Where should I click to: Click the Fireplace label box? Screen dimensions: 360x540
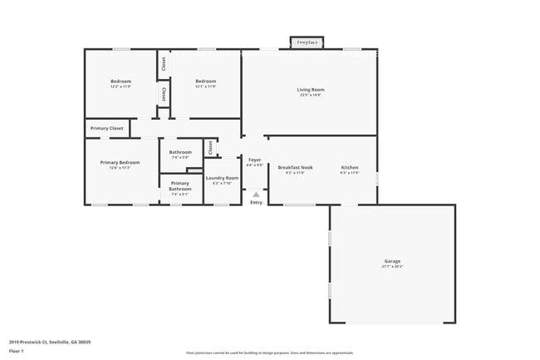[307, 42]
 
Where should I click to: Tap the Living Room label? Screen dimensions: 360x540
[311, 89]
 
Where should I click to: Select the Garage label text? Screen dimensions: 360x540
[391, 261]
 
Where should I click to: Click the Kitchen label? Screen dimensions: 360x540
[350, 167]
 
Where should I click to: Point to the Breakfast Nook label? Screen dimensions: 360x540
[295, 167]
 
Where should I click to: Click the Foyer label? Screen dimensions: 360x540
[254, 160]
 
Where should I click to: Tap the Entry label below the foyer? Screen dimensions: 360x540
[256, 202]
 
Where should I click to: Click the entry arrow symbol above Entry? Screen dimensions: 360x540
[256, 195]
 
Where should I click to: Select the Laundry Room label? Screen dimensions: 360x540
[222, 178]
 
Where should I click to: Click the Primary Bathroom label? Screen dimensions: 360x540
[180, 187]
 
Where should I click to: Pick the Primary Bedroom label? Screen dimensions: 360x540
[120, 162]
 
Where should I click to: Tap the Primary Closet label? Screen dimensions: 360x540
[106, 128]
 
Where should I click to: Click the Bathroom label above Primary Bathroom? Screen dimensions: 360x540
[180, 152]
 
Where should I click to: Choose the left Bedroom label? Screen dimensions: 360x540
[120, 81]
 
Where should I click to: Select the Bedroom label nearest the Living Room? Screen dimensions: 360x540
[205, 81]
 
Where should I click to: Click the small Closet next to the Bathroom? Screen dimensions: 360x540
[211, 147]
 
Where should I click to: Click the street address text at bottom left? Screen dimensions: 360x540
[50, 342]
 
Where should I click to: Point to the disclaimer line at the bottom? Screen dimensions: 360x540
[269, 353]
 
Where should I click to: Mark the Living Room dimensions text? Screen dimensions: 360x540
[311, 95]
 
